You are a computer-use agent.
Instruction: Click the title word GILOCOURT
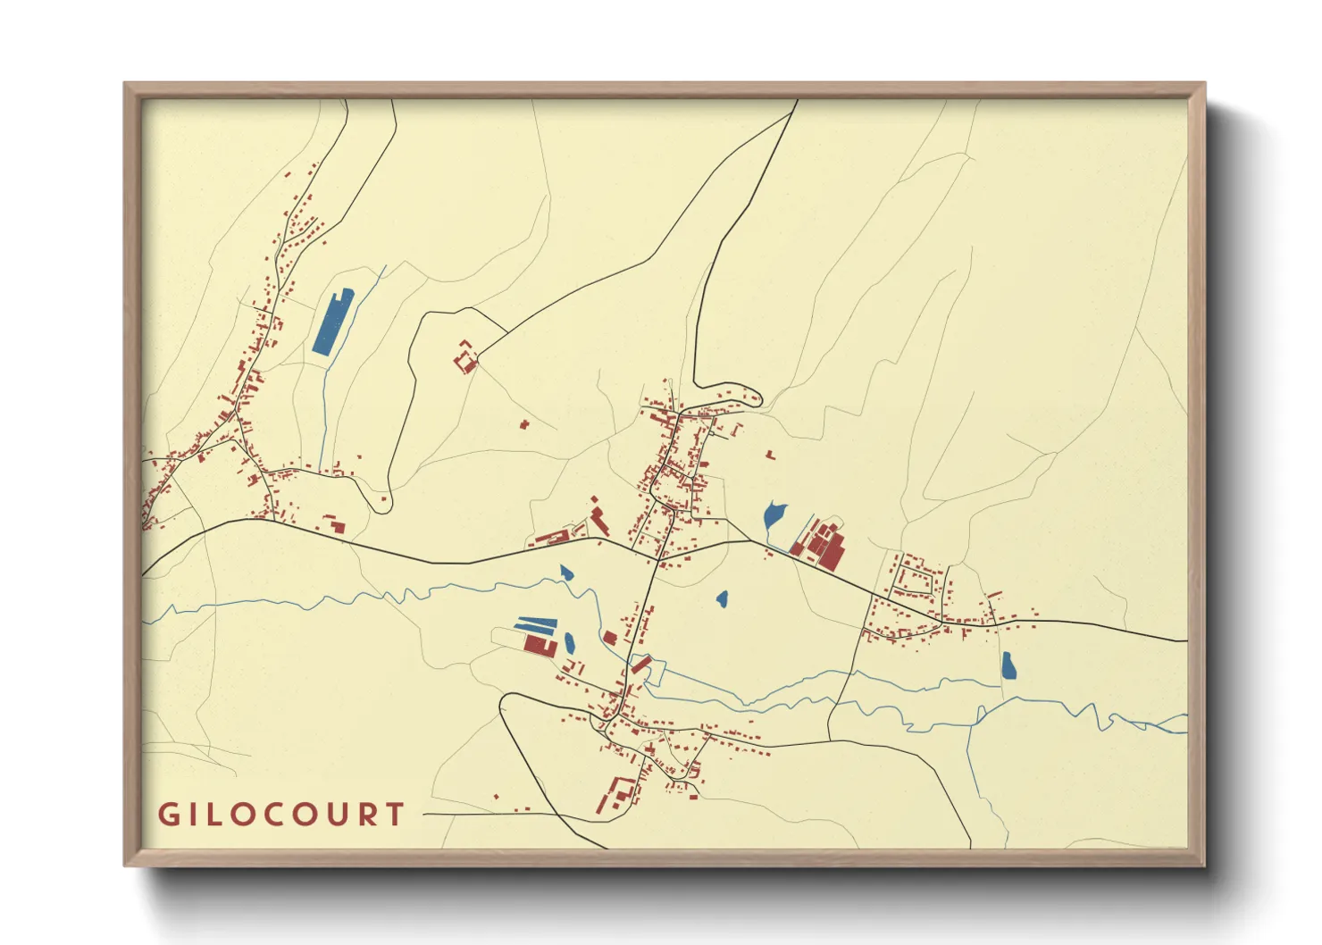point(281,815)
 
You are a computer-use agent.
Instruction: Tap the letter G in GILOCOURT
point(167,815)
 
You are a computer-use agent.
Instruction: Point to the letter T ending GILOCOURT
point(395,815)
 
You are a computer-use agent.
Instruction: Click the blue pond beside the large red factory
point(774,516)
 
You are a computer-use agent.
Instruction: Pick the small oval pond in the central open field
point(722,599)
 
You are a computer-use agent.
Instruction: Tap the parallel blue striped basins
point(536,624)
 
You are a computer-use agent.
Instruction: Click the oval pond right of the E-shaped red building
point(569,642)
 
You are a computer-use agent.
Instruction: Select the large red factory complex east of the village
point(823,543)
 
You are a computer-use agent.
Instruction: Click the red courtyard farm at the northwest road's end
point(465,357)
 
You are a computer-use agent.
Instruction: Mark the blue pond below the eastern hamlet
point(1008,665)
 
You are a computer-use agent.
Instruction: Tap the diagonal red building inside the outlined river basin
point(641,664)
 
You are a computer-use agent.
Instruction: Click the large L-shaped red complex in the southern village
point(619,793)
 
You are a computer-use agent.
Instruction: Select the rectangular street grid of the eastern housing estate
point(916,581)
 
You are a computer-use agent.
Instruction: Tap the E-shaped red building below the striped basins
point(539,644)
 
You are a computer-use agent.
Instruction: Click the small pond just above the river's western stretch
point(565,572)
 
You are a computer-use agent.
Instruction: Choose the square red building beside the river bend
point(610,638)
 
